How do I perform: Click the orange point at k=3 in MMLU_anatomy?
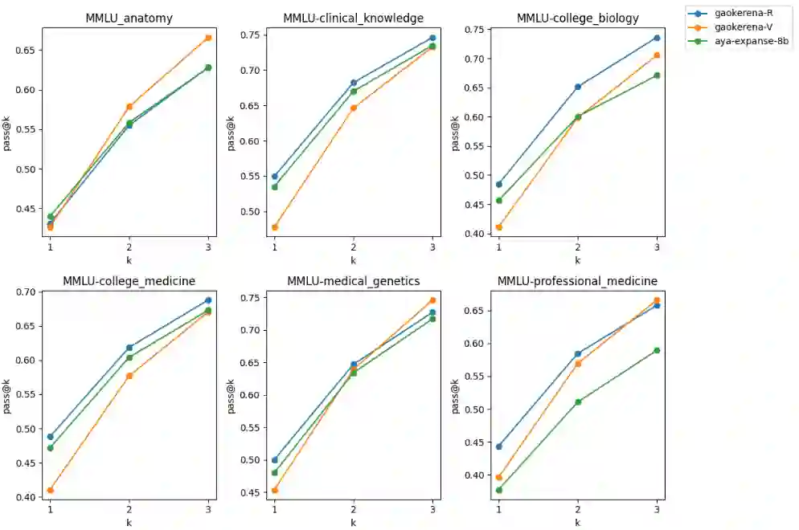pyautogui.click(x=208, y=38)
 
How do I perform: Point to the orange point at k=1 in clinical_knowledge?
pyautogui.click(x=274, y=227)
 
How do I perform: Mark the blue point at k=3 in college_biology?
pyautogui.click(x=657, y=38)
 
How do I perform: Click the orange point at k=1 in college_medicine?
pyautogui.click(x=50, y=490)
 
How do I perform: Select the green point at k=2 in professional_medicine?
pyautogui.click(x=578, y=402)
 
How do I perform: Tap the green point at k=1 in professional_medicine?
pyautogui.click(x=498, y=490)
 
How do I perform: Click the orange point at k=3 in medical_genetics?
pyautogui.click(x=432, y=300)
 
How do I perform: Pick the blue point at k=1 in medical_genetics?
pyautogui.click(x=274, y=460)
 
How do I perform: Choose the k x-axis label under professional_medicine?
pyautogui.click(x=577, y=522)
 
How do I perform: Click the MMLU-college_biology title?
pyautogui.click(x=577, y=18)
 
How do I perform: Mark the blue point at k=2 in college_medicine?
pyautogui.click(x=129, y=348)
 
